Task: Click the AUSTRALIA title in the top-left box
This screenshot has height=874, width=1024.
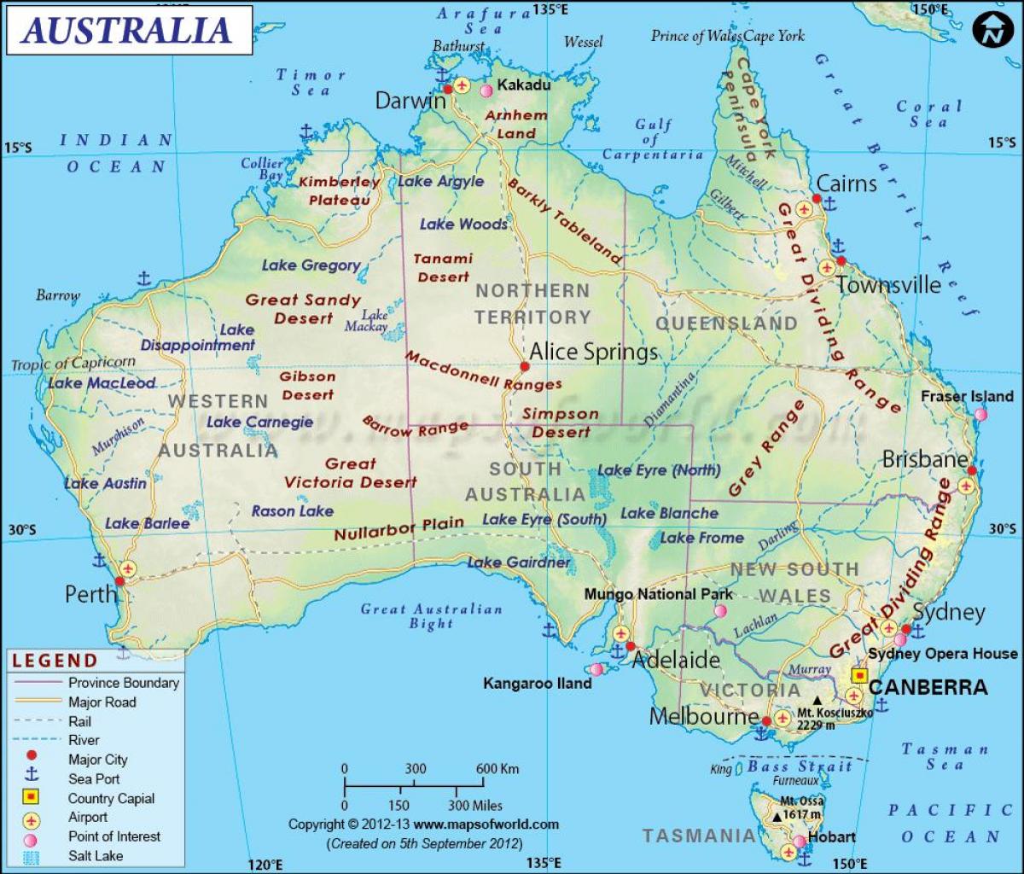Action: (126, 29)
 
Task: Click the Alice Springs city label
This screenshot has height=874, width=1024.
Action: (593, 352)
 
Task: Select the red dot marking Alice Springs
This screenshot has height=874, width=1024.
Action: (525, 367)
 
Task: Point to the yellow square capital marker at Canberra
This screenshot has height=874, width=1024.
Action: (859, 676)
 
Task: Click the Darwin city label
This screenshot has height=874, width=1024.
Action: (410, 101)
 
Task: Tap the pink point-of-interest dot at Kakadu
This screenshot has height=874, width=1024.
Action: (486, 90)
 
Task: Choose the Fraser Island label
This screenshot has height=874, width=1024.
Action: (967, 396)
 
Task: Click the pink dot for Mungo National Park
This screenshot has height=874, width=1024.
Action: (720, 611)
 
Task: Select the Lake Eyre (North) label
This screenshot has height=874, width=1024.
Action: (659, 470)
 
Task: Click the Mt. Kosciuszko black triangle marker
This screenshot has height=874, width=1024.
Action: (817, 701)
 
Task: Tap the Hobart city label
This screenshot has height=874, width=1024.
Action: (831, 836)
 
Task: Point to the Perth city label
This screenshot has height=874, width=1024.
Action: (90, 593)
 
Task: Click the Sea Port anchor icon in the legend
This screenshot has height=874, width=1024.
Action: (31, 778)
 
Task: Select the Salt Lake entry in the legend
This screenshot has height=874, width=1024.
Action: (96, 855)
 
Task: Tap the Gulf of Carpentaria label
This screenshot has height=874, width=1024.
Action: (653, 139)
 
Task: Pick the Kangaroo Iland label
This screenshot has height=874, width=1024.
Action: (537, 684)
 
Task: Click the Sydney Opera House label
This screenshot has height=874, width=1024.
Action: (942, 654)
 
